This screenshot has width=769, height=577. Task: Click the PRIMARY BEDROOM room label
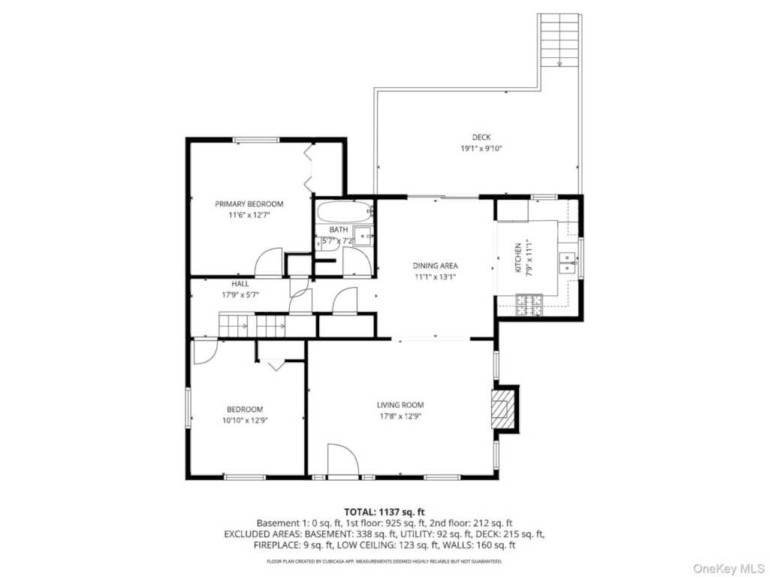click(249, 204)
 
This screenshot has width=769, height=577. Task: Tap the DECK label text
click(481, 137)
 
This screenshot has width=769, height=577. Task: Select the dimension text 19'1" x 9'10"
click(481, 149)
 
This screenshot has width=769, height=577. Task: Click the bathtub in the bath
click(342, 210)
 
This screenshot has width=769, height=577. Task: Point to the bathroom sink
click(363, 237)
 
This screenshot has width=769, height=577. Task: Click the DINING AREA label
click(435, 265)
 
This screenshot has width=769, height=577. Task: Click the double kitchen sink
click(566, 261)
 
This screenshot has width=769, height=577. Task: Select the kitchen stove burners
click(529, 304)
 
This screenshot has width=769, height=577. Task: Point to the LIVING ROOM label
click(400, 405)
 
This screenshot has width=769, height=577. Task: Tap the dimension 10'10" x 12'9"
click(245, 421)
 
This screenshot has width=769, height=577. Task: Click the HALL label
click(240, 284)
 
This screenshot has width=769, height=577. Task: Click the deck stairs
click(560, 41)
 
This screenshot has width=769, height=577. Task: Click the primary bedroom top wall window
click(255, 140)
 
